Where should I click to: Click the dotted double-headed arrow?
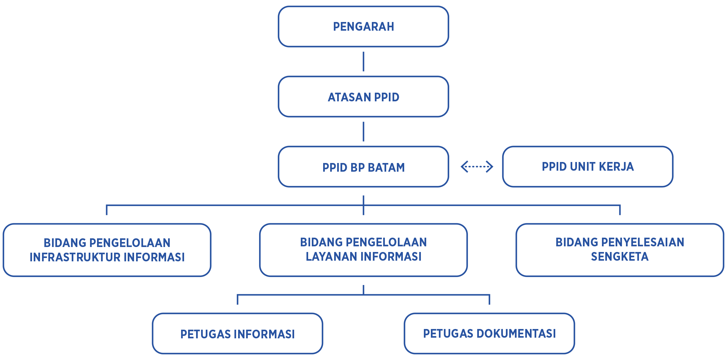[477, 167]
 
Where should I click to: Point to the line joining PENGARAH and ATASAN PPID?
[363, 62]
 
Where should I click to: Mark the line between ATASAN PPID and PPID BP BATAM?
[363, 132]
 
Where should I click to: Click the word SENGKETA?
[620, 257]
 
